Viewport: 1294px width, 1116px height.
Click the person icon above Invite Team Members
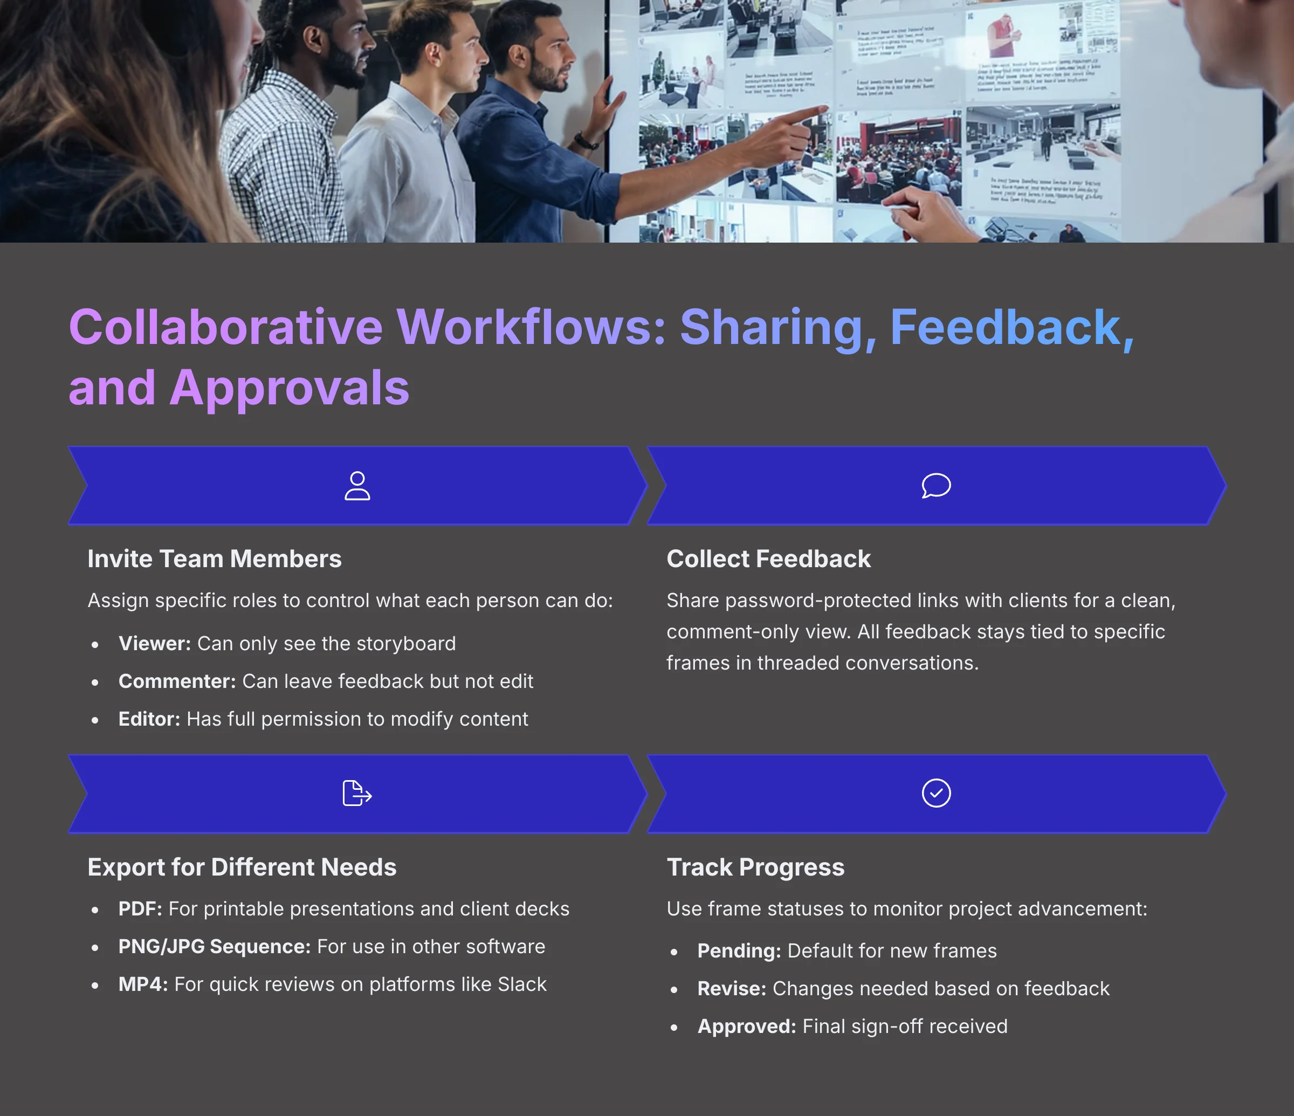[x=357, y=486]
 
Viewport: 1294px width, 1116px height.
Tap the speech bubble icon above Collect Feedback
[x=936, y=485]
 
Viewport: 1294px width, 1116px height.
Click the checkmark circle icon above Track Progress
[x=936, y=793]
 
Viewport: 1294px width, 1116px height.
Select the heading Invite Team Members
[x=214, y=559]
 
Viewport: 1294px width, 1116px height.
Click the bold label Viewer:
[x=154, y=644]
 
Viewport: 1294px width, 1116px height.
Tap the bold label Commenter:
[x=177, y=681]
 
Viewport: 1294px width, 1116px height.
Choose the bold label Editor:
[x=149, y=719]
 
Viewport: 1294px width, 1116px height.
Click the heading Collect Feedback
[x=768, y=559]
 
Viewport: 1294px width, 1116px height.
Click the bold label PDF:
[x=140, y=910]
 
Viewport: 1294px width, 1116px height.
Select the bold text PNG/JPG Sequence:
[x=214, y=947]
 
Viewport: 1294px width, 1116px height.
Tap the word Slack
[x=522, y=985]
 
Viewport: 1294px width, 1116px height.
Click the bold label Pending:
[x=739, y=951]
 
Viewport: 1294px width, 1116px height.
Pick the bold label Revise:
[x=731, y=989]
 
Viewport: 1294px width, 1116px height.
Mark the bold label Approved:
[x=746, y=1027]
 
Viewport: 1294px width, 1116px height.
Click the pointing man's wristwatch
[x=584, y=141]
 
